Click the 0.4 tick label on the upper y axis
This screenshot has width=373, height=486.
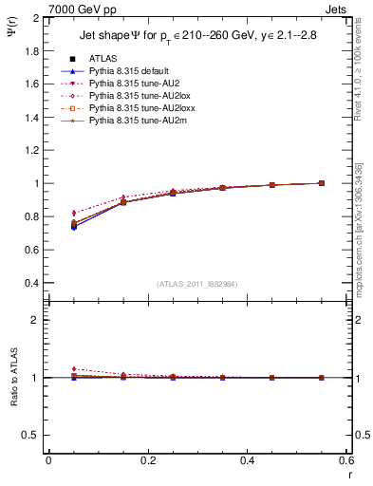(x=31, y=283)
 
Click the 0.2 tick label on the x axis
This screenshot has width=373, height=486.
(x=147, y=460)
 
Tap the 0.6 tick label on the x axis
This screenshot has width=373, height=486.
(x=345, y=460)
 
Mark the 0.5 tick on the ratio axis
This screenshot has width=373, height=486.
(x=31, y=435)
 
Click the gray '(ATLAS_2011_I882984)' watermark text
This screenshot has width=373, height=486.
(x=196, y=284)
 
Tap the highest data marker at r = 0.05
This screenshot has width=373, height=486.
(x=74, y=214)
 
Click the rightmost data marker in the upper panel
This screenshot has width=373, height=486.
(x=321, y=183)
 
